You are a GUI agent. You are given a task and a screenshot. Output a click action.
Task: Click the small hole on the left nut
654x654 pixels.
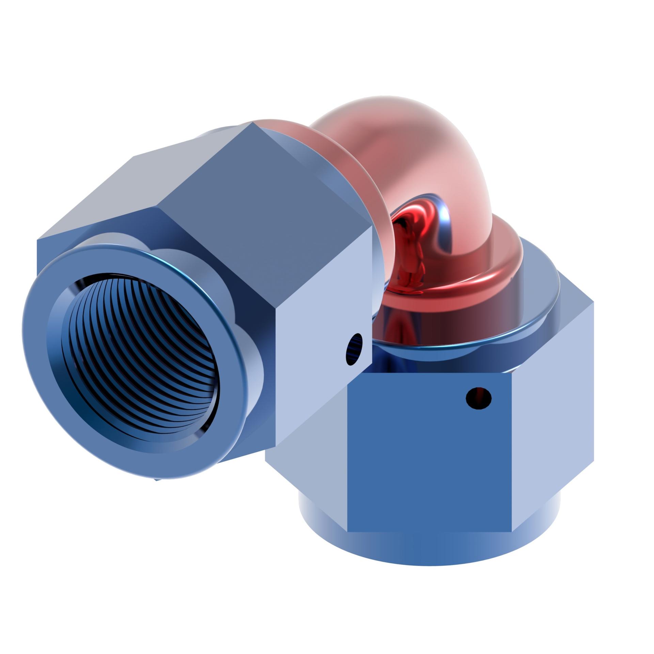click(354, 349)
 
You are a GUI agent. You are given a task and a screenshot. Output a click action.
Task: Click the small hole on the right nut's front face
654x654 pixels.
click(478, 398)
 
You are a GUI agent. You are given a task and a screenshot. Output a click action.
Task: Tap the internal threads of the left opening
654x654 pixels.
click(143, 358)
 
